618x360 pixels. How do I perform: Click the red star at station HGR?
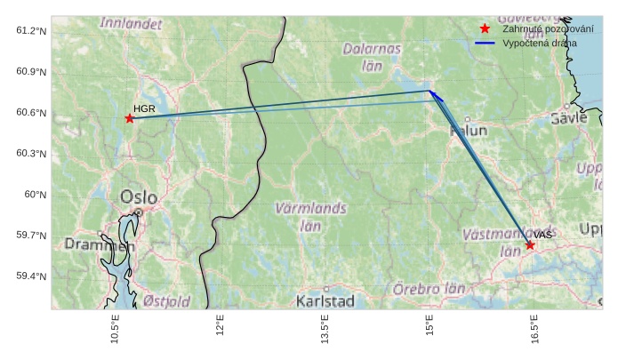click(130, 118)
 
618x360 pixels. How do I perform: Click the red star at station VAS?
click(530, 245)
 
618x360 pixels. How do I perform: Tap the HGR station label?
click(144, 108)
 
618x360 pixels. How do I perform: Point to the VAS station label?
click(543, 235)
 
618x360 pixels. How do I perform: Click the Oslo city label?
click(139, 197)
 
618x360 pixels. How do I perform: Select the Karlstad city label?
click(325, 301)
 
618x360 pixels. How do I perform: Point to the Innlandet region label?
click(131, 23)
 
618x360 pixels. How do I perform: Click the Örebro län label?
click(429, 290)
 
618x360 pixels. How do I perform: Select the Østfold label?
click(166, 301)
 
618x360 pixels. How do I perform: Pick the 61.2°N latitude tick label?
click(31, 31)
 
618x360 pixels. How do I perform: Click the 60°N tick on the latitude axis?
click(34, 195)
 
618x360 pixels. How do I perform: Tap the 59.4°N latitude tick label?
click(31, 276)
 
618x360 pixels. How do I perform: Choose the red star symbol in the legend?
click(485, 29)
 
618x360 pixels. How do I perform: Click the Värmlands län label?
click(310, 217)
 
